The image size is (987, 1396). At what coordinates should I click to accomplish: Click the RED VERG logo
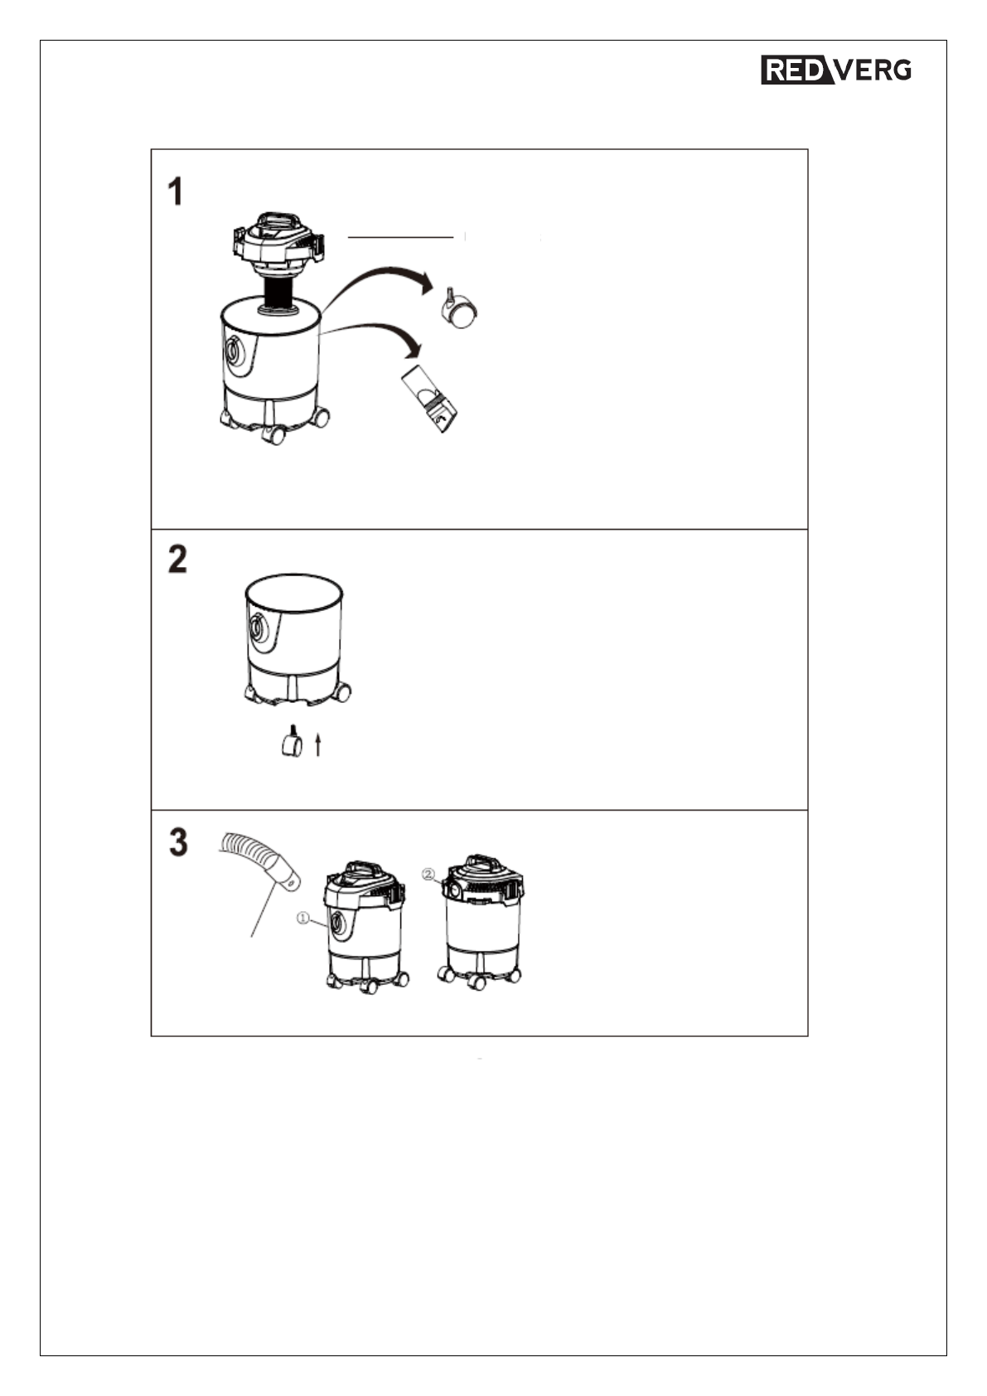coord(836,69)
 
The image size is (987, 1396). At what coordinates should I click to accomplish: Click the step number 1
coord(176,191)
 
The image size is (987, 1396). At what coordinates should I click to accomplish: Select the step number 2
coord(177,559)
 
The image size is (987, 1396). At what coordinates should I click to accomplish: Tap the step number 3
coord(178,842)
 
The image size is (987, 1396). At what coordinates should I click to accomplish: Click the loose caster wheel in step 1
coord(460,309)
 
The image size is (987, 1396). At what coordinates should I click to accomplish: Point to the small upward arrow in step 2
coord(317,744)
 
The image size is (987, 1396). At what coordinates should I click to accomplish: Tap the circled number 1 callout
coord(302,918)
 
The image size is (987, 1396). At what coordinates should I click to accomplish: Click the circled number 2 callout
coord(428,874)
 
